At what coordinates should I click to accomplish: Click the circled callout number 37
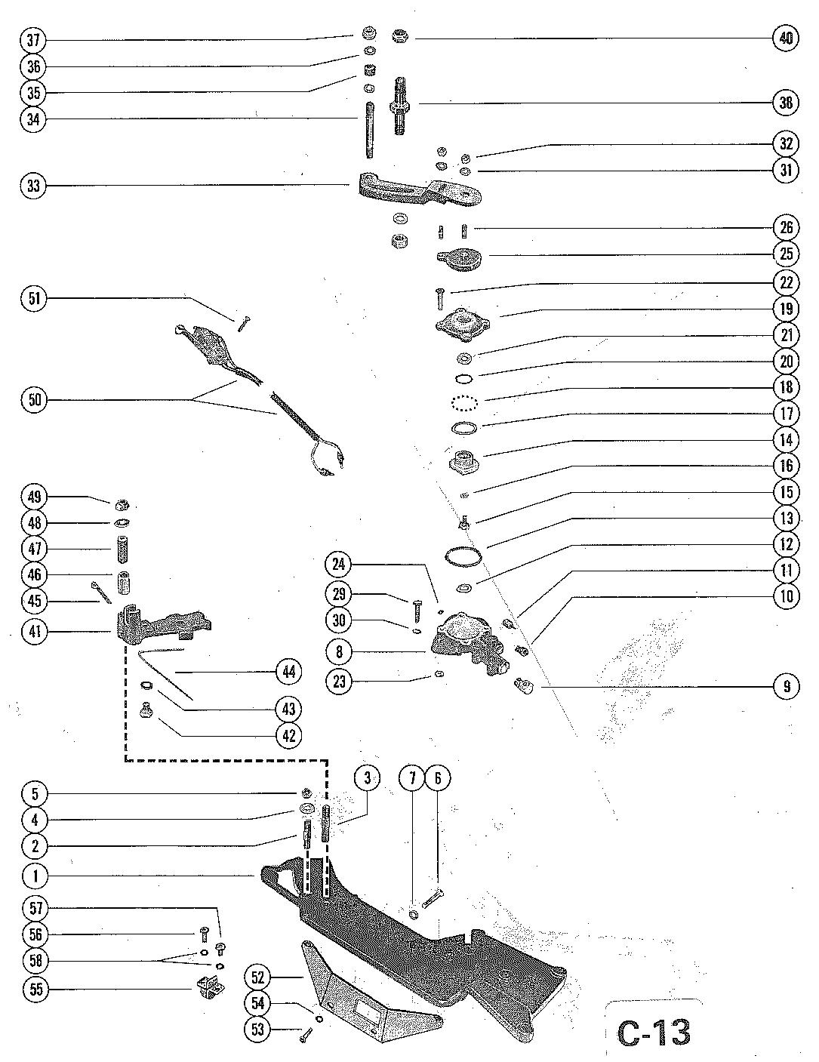[x=34, y=38]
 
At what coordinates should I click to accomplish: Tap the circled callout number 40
[x=786, y=38]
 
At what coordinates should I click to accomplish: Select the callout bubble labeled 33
[x=34, y=186]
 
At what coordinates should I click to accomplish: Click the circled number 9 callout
[x=786, y=687]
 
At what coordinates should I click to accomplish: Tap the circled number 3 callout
[x=367, y=779]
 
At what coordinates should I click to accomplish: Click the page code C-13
[x=654, y=1033]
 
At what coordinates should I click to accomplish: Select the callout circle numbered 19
[x=786, y=309]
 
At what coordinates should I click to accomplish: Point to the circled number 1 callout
[x=34, y=876]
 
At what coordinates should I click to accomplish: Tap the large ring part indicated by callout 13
[x=462, y=556]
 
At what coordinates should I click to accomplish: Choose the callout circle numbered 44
[x=289, y=671]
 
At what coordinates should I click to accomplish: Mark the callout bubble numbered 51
[x=34, y=298]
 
